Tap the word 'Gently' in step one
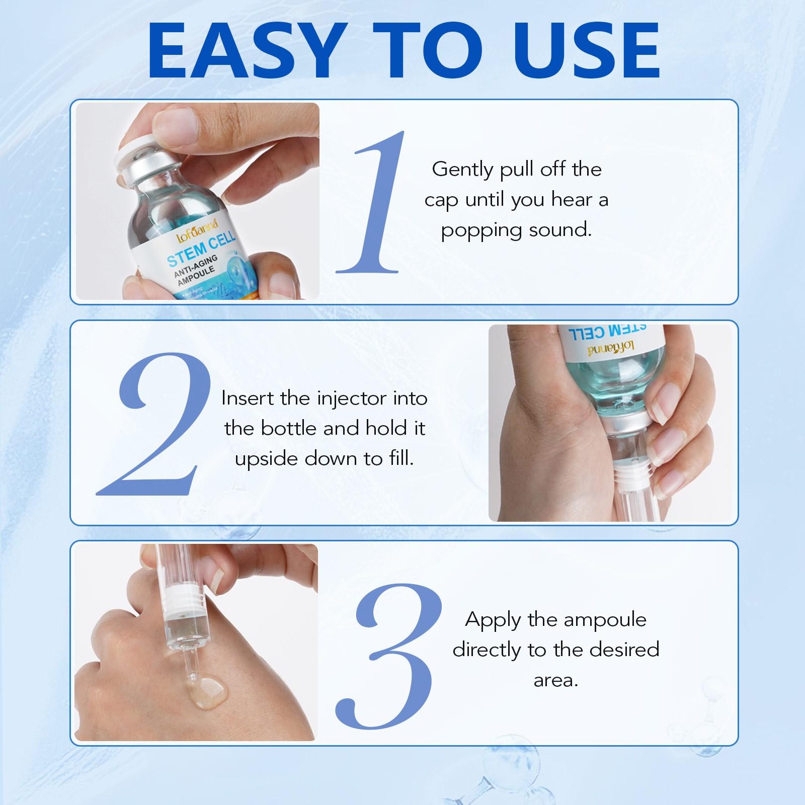(462, 170)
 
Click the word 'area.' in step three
(555, 681)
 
